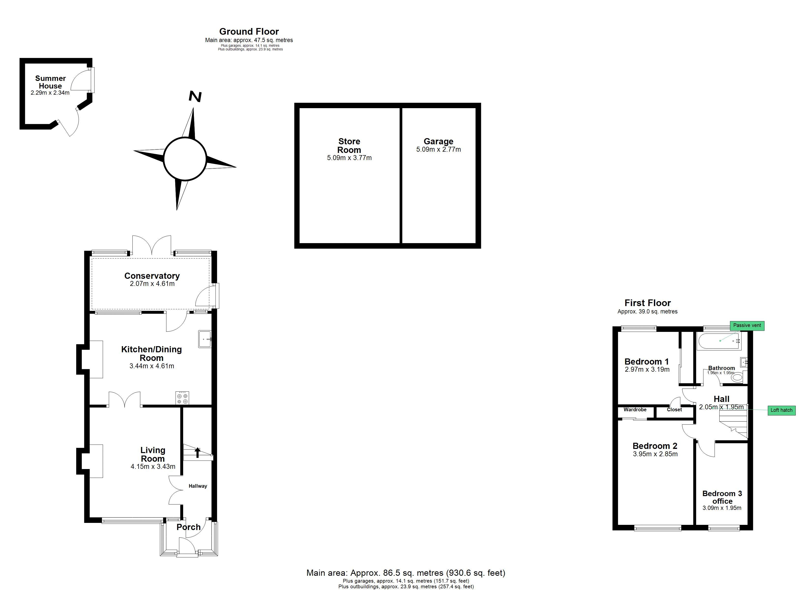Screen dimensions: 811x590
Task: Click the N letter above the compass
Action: point(195,97)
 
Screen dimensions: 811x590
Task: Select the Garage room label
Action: point(438,141)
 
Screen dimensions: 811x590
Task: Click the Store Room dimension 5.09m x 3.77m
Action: point(349,158)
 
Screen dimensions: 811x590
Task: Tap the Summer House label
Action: point(50,82)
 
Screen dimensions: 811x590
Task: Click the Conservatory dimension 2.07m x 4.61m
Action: point(152,284)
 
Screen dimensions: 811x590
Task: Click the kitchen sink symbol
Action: point(205,339)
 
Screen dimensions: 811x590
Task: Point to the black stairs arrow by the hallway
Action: point(197,453)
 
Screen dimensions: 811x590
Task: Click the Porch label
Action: point(188,527)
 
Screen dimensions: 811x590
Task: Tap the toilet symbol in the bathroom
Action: point(737,377)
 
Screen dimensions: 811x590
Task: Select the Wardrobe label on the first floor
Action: point(635,410)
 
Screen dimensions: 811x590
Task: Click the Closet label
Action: point(674,410)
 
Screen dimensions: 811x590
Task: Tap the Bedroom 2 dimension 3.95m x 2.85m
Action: point(655,454)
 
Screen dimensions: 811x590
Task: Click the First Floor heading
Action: point(648,303)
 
